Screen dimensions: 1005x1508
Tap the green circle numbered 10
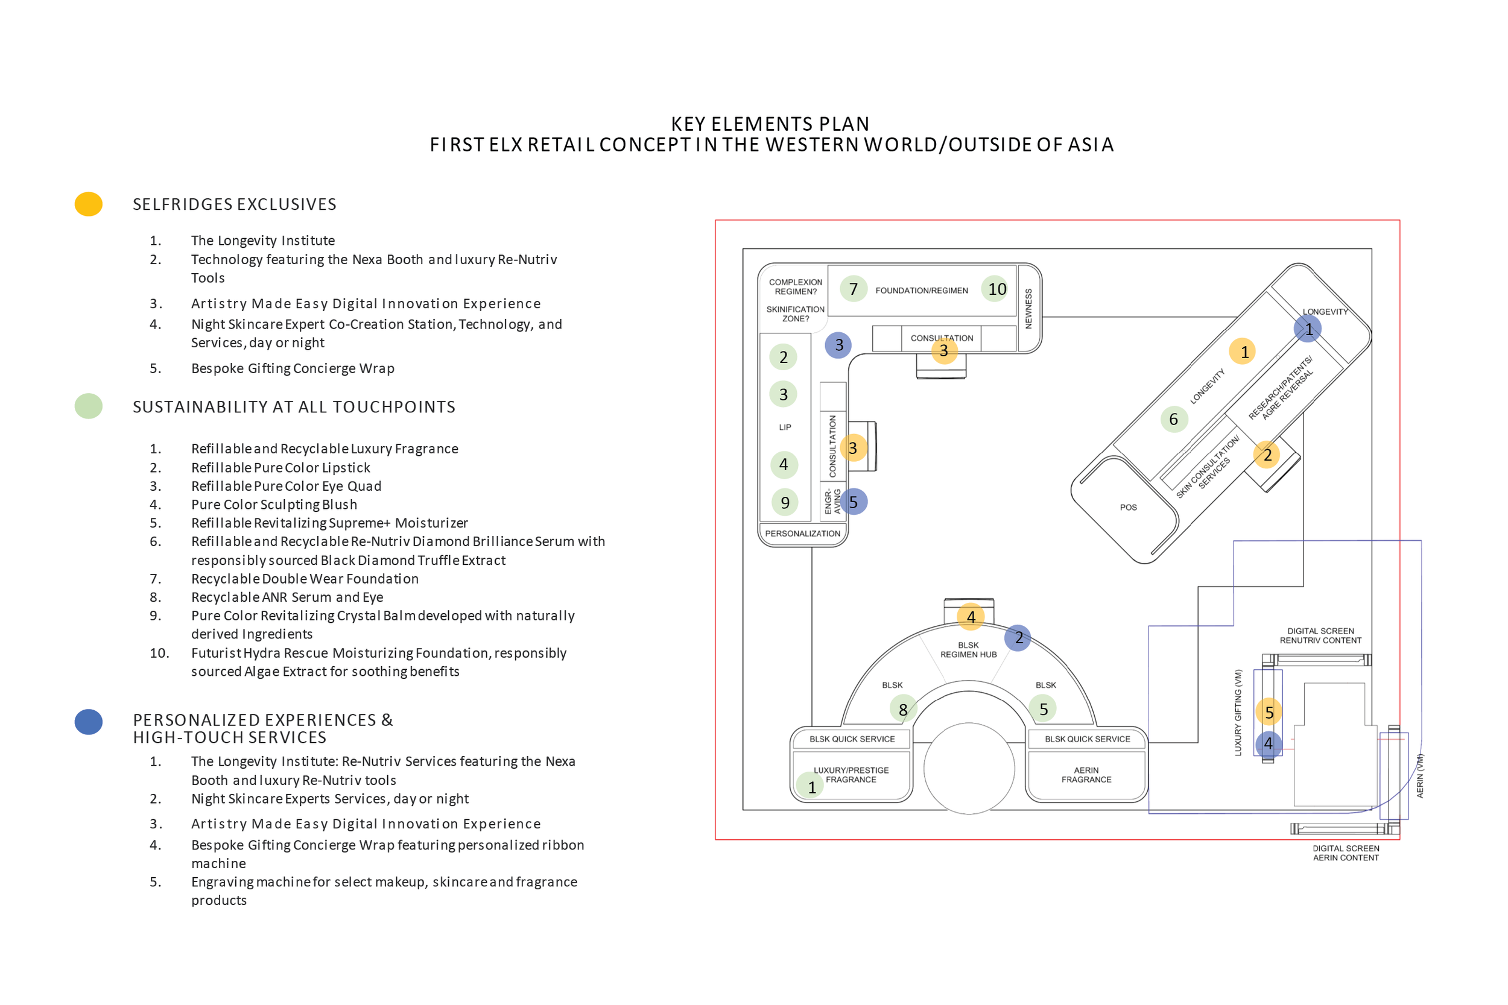click(x=996, y=289)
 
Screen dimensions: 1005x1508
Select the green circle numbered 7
click(x=854, y=289)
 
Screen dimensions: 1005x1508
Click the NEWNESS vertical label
click(x=1028, y=308)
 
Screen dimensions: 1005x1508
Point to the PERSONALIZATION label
click(x=802, y=534)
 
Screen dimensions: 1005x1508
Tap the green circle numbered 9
click(x=785, y=503)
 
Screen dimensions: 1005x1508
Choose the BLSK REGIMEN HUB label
click(x=968, y=649)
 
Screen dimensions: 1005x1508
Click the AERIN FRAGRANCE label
click(x=1086, y=774)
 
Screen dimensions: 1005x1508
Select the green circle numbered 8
click(x=903, y=709)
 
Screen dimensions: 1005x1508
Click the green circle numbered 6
click(x=1173, y=419)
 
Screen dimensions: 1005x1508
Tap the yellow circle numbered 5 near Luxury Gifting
click(x=1269, y=712)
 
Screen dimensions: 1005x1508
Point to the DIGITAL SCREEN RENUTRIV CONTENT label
click(x=1320, y=635)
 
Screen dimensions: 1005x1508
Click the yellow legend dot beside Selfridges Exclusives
click(x=89, y=204)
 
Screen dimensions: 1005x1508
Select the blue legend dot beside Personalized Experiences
click(x=89, y=722)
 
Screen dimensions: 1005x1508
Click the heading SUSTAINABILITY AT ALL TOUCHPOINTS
click(x=294, y=407)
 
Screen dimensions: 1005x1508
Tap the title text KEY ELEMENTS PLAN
click(x=770, y=124)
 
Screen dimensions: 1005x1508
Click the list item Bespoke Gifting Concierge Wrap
click(x=293, y=368)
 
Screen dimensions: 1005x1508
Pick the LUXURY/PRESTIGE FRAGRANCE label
click(x=851, y=774)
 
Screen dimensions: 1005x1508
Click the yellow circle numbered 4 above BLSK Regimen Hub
click(x=971, y=617)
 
